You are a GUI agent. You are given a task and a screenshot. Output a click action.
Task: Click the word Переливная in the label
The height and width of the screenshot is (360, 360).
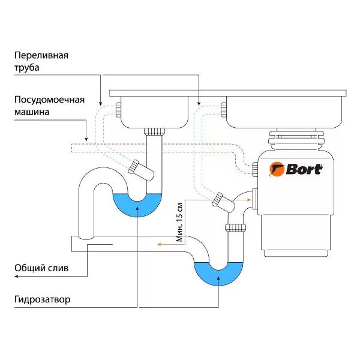tap(41, 55)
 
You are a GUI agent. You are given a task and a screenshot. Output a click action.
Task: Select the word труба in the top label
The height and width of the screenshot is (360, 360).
tap(28, 68)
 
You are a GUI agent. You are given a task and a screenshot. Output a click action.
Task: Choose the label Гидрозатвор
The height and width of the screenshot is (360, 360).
tap(45, 298)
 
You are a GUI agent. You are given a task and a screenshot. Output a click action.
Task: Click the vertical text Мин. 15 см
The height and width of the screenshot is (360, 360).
tap(179, 218)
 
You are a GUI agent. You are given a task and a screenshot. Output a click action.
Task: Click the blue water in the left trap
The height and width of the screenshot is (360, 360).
tap(137, 203)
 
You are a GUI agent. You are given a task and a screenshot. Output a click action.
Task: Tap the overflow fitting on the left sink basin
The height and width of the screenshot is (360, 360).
tap(119, 109)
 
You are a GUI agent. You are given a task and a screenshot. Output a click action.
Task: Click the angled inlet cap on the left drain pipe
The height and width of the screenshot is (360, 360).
tap(136, 166)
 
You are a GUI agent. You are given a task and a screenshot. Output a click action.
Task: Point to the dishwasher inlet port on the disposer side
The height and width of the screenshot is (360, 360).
tap(256, 170)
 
